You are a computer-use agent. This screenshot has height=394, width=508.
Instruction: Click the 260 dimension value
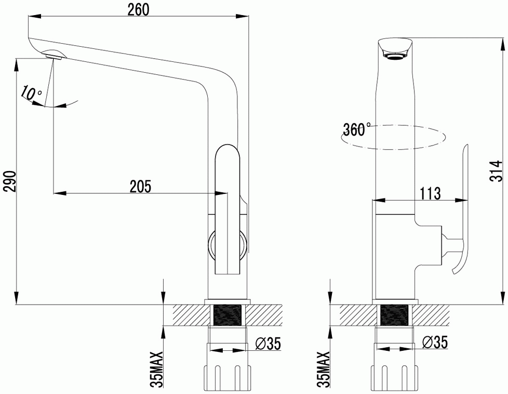[x=138, y=9]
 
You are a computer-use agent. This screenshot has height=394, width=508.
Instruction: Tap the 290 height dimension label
[x=10, y=181]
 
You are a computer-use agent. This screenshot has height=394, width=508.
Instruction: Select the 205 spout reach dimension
[x=140, y=187]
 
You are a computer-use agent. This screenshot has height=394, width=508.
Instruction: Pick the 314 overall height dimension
[x=496, y=171]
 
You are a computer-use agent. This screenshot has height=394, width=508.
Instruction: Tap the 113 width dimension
[x=430, y=193]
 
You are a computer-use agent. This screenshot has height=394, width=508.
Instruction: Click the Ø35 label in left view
[x=268, y=344]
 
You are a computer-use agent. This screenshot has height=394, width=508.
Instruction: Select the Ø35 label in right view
[x=435, y=342]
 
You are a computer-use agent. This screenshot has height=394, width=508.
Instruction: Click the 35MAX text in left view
[x=158, y=370]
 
